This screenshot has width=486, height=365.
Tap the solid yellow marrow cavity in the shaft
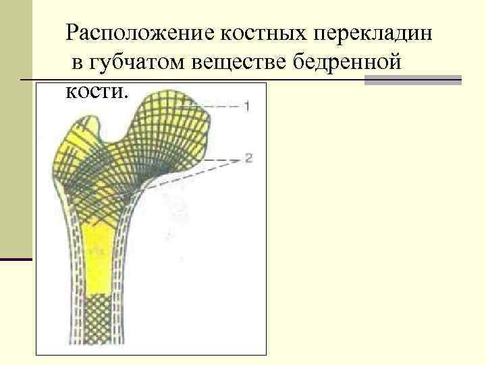(x=98, y=257)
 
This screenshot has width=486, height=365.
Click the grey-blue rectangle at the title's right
(x=412, y=80)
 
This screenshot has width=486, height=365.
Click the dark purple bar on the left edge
(x=16, y=259)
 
